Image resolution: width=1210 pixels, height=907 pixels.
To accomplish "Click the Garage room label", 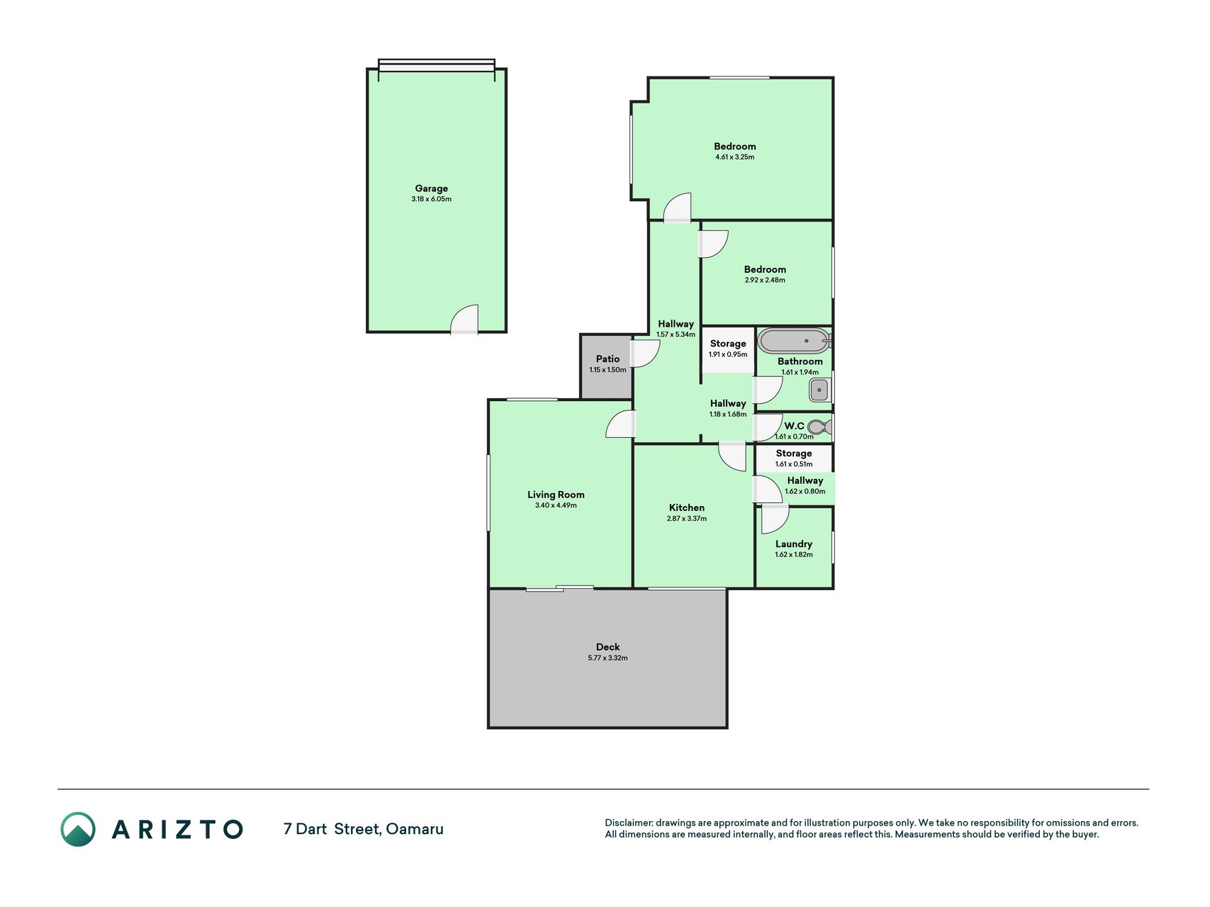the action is click(431, 188).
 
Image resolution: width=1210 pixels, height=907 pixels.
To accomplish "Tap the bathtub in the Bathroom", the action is click(794, 341).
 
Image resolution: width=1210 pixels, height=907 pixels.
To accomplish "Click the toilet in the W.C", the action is click(820, 427).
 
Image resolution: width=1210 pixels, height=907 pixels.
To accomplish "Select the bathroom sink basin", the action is click(820, 390).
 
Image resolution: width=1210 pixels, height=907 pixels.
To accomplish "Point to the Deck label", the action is click(607, 647).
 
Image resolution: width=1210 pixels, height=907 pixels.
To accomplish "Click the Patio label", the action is click(607, 359).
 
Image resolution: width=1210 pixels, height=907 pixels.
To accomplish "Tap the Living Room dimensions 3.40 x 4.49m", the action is click(556, 505).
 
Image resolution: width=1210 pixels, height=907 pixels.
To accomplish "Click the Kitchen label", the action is click(687, 508).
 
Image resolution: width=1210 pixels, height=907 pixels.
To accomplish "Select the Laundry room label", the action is click(794, 544).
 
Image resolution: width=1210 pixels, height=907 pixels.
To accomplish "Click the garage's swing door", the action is click(464, 319).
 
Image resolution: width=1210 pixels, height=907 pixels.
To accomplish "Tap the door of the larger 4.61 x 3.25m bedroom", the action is click(677, 208).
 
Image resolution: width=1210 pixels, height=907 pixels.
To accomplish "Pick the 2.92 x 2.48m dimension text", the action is click(765, 280).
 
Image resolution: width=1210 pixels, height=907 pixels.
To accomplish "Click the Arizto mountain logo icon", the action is click(78, 829).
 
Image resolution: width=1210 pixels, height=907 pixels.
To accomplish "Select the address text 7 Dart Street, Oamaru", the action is click(364, 829).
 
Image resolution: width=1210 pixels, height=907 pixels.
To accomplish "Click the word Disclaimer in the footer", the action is click(629, 823).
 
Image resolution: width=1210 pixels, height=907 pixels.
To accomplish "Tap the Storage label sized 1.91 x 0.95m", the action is click(728, 344).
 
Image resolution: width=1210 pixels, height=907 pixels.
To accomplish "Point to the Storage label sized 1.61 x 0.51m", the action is click(794, 453).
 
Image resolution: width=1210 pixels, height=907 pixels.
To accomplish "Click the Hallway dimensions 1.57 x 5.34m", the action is click(676, 334).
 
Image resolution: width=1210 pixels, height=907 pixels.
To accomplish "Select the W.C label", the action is click(794, 426).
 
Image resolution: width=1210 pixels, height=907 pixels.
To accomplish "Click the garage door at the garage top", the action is click(437, 65).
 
